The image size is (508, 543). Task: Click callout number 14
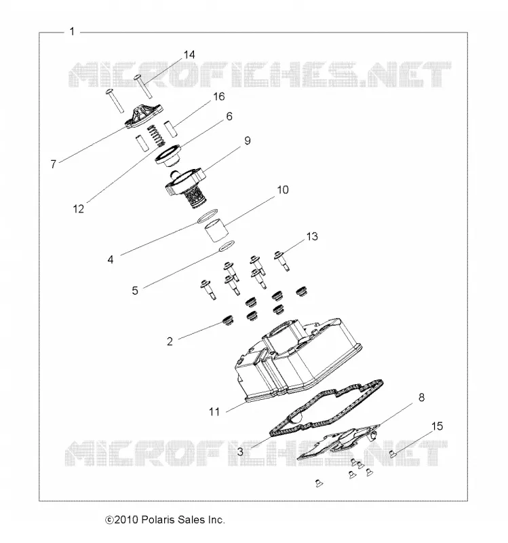(x=189, y=55)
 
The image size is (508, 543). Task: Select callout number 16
(x=219, y=96)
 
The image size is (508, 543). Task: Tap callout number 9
(x=248, y=141)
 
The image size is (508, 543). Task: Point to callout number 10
(x=283, y=190)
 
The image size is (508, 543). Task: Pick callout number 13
(x=312, y=236)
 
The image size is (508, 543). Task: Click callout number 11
(x=214, y=412)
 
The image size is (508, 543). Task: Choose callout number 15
(x=437, y=426)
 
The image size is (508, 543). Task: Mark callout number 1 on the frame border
(x=72, y=31)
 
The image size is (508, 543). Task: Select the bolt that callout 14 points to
(x=144, y=86)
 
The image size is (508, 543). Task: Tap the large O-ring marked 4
(x=208, y=216)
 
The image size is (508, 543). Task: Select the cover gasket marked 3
(x=326, y=409)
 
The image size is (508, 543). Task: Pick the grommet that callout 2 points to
(x=227, y=320)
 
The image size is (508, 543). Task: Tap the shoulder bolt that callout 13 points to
(x=281, y=261)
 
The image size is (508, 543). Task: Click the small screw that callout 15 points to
(x=393, y=453)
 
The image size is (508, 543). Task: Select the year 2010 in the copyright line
(x=127, y=520)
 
